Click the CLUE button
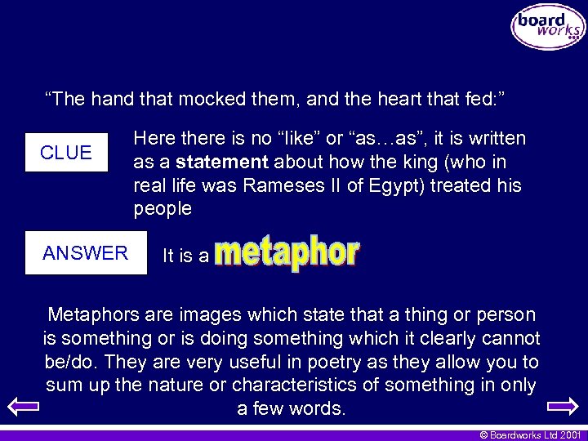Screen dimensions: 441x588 [66, 153]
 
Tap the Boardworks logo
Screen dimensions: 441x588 [548, 27]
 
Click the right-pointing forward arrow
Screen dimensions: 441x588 [562, 405]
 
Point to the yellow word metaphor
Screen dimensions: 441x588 [288, 254]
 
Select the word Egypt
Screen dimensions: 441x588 [388, 185]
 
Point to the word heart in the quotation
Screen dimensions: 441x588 [395, 100]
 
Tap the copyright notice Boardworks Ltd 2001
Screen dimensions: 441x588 [530, 434]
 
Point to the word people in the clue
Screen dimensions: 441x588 [163, 209]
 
